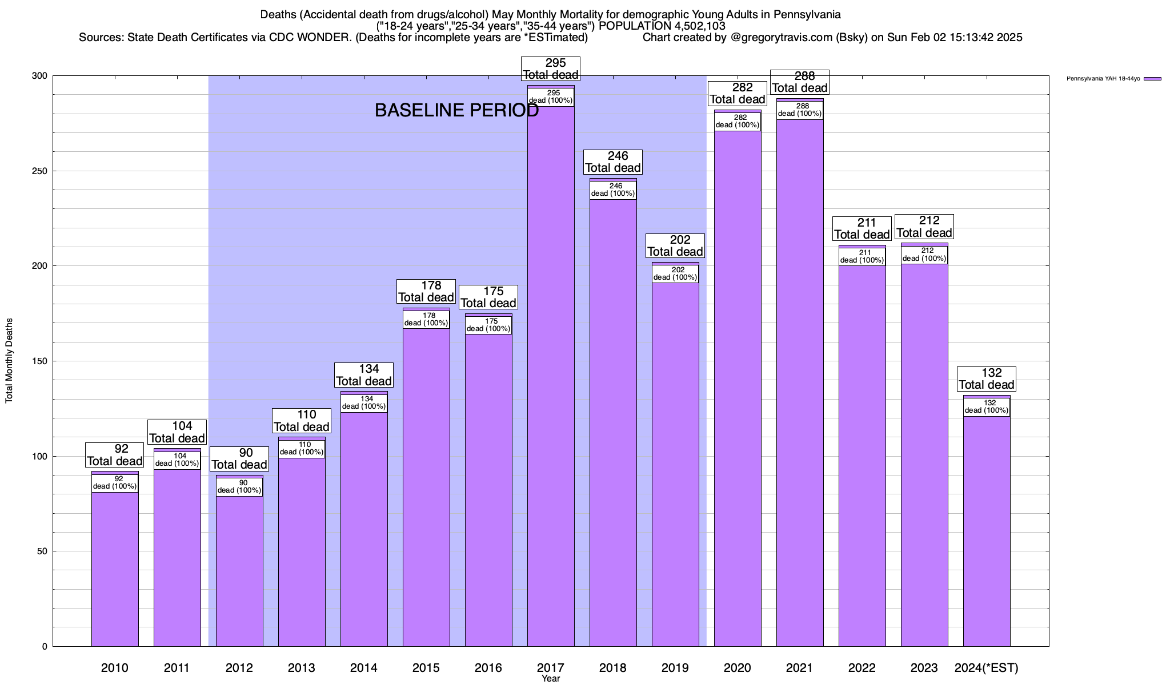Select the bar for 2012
[239, 571]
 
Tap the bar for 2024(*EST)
[987, 531]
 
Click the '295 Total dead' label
[551, 68]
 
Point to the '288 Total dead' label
[800, 82]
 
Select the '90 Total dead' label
[239, 458]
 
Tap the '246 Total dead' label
[613, 162]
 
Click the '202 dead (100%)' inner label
[675, 273]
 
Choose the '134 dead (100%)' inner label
[364, 402]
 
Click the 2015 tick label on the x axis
[426, 667]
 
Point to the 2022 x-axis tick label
[862, 667]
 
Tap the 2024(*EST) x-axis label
[987, 667]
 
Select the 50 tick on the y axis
[43, 551]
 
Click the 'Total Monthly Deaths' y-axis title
[9, 361]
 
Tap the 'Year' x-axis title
[551, 679]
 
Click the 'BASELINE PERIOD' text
[456, 110]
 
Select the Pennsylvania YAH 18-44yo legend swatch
[1152, 79]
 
